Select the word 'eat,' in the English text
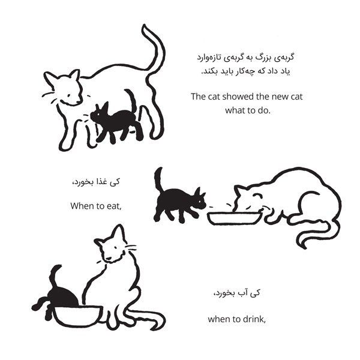point(114,206)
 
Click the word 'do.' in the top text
point(264,110)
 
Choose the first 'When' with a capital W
point(80,206)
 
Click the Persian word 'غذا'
point(101,182)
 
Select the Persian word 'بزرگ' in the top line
point(260,58)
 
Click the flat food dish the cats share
point(234,218)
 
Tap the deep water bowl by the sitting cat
point(78,316)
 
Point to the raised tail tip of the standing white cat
point(145,27)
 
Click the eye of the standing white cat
point(69,95)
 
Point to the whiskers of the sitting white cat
point(131,248)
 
